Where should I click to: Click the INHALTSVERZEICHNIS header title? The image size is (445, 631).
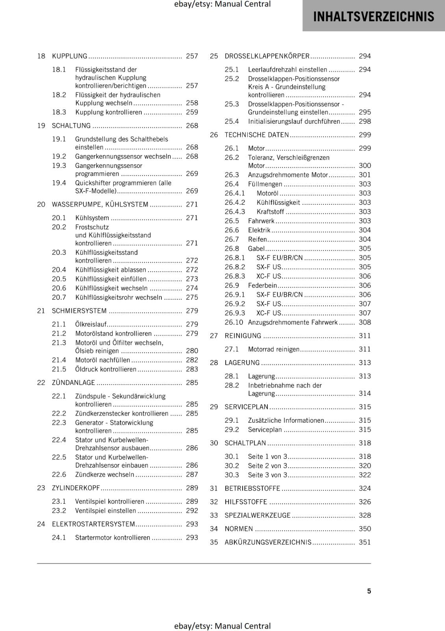coord(373,17)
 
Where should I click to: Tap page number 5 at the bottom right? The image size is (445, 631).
coord(369,591)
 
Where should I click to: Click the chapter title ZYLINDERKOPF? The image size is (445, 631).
coord(76,488)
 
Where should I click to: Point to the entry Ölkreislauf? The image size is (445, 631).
coord(91,324)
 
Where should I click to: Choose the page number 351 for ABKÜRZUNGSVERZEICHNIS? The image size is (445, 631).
coord(365,542)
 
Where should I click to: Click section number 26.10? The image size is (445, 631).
coord(234,322)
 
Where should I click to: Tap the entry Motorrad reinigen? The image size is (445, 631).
coord(273,349)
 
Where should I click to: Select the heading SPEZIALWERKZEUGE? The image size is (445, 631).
coord(258,515)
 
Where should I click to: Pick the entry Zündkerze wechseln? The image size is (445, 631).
coord(105,474)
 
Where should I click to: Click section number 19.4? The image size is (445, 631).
coord(59,183)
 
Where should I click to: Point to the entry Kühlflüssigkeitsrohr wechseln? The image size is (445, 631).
coord(119,297)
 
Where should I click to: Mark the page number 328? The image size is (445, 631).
coord(365,515)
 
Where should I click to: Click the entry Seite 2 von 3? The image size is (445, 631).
coord(267,465)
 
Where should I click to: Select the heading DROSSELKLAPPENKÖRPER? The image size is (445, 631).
coord(267,56)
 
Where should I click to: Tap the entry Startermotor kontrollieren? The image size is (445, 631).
coord(113,538)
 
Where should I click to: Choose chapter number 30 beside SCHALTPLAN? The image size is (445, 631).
coord(214,443)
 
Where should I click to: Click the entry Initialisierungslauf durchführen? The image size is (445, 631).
coord(294,121)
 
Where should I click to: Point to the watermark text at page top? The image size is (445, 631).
coord(222,4)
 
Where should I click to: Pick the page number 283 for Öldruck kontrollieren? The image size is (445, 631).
coord(192,369)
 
